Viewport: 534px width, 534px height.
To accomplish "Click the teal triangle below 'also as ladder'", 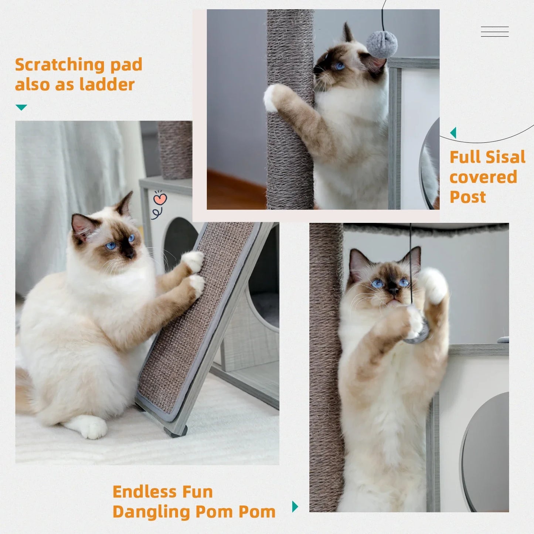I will (21, 107).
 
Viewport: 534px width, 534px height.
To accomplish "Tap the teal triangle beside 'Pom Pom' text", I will (295, 506).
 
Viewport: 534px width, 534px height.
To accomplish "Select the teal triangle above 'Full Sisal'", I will (453, 133).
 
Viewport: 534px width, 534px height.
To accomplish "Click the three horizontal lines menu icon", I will (494, 31).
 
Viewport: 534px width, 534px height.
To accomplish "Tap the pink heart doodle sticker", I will (160, 199).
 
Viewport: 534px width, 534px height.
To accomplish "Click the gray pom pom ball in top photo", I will (382, 44).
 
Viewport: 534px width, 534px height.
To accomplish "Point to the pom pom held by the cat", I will (418, 331).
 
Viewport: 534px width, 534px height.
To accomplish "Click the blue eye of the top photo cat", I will (338, 66).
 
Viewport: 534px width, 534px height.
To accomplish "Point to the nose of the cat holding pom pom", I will (393, 290).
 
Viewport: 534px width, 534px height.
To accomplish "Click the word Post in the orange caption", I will (467, 197).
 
